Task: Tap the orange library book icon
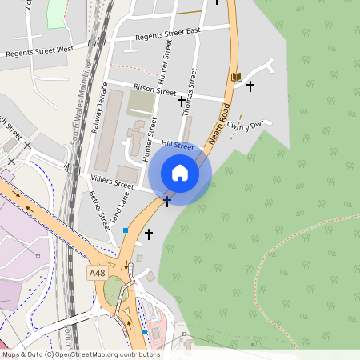click(236, 77)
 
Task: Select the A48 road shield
click(97, 273)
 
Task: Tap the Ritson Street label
click(143, 90)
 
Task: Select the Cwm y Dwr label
click(245, 125)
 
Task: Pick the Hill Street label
click(178, 146)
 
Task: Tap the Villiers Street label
click(112, 182)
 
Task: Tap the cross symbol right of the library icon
click(250, 85)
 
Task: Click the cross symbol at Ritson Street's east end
click(181, 101)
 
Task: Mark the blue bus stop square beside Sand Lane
click(126, 230)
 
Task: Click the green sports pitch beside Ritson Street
click(142, 102)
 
